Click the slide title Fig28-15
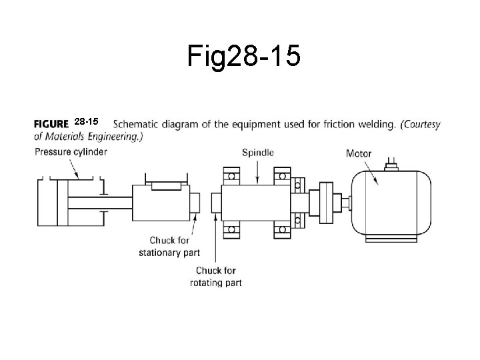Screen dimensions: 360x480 point(243,57)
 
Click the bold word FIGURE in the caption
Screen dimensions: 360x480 point(51,123)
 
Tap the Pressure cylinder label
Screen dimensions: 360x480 point(71,151)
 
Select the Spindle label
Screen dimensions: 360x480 point(257,152)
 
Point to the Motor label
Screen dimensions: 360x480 point(359,153)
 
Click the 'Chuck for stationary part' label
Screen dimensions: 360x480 point(169,246)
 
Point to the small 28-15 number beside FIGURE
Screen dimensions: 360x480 point(86,122)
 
